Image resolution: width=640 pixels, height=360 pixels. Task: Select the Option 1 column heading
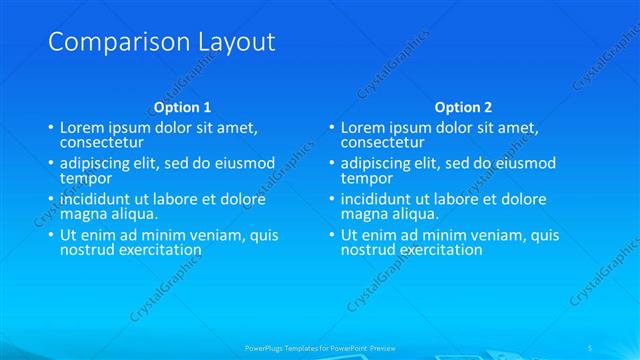coord(182,107)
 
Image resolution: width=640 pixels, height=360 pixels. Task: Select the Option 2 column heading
coord(463,107)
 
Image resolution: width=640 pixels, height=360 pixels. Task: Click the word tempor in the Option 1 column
coord(86,178)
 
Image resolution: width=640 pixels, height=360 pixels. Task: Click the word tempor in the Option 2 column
coord(367,178)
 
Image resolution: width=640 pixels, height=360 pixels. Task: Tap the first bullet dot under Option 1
coord(50,129)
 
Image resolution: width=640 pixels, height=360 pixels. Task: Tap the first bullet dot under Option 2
coord(331,129)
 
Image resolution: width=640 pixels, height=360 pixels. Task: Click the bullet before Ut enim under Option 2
coord(331,236)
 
